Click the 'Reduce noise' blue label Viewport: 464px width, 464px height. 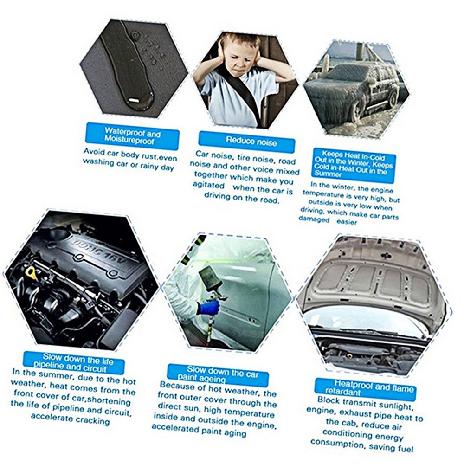pyautogui.click(x=247, y=141)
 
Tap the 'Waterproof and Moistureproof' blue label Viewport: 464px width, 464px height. pyautogui.click(x=132, y=136)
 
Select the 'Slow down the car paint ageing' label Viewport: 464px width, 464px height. pyautogui.click(x=218, y=374)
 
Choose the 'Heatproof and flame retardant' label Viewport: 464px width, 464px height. pyautogui.click(x=365, y=388)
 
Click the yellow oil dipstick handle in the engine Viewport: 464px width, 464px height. pyautogui.click(x=31, y=271)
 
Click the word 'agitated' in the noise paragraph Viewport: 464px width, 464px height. pyautogui.click(x=209, y=185)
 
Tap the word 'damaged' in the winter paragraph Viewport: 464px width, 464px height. pyautogui.click(x=314, y=219)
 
